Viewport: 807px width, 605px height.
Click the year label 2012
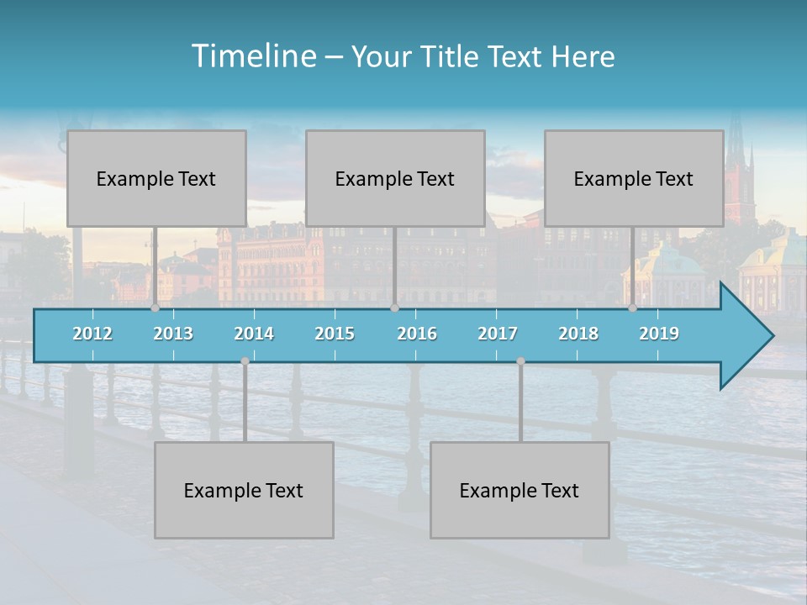tap(92, 334)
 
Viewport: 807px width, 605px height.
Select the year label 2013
tap(173, 334)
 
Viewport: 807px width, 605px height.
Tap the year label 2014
tap(254, 334)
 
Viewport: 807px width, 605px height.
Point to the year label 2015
tap(335, 334)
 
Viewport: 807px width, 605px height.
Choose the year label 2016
tap(417, 334)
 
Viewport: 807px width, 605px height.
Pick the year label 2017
tap(498, 334)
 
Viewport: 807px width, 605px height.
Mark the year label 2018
tap(578, 334)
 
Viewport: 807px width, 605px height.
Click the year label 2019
tap(659, 334)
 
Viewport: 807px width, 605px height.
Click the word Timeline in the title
tap(253, 56)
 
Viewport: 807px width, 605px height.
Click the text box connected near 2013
tap(156, 178)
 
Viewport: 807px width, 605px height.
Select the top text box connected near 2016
tap(395, 178)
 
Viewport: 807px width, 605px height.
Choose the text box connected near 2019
tap(634, 178)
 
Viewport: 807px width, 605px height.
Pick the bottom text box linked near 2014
tap(244, 490)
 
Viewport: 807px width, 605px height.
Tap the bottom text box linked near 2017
tap(520, 490)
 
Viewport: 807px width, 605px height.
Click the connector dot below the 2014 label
tap(245, 361)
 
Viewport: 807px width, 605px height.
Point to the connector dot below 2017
tap(520, 361)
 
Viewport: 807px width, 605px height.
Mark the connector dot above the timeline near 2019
tap(632, 308)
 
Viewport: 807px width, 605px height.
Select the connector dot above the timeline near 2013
tap(155, 308)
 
